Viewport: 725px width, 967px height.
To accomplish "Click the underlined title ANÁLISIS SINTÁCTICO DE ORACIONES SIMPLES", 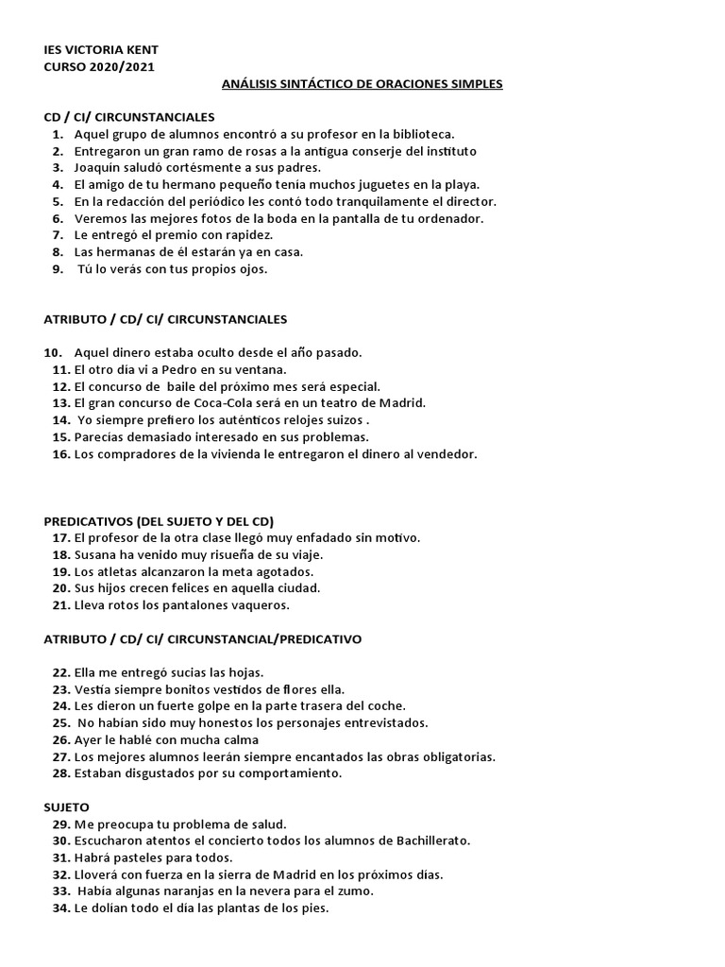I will (362, 84).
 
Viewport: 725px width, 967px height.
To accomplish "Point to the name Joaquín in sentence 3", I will (97, 168).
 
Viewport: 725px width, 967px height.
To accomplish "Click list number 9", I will (58, 269).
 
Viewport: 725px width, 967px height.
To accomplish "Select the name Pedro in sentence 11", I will (177, 370).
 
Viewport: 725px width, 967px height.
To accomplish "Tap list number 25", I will (60, 723).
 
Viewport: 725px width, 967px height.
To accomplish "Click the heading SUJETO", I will (67, 807).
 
